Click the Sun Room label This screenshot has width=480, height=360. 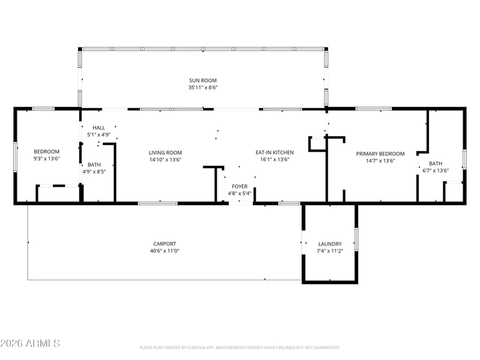coord(203,80)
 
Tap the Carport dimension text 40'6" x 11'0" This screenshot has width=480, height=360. coord(164,251)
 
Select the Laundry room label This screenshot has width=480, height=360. coord(329,244)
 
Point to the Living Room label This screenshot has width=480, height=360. coord(166,152)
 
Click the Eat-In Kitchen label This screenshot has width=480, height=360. coord(275,152)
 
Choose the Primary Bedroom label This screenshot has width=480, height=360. coord(380,154)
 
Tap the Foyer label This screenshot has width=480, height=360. coord(239,187)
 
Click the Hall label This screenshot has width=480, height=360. coord(98,128)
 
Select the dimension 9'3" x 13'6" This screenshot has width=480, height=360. coord(47,158)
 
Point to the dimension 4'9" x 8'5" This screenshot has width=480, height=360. coord(94,172)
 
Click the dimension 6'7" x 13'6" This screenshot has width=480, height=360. coord(436,170)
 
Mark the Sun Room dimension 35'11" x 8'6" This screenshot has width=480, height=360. coord(203,88)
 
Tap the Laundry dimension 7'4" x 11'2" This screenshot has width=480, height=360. coord(329,251)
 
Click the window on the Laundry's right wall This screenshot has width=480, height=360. coord(356,239)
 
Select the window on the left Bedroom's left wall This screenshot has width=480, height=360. coord(16,157)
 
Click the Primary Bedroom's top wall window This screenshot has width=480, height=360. coord(373,109)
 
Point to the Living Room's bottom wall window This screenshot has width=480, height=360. coord(158,203)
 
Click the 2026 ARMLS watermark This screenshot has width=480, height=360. coord(30,343)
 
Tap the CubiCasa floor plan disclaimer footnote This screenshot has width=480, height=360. coord(239,347)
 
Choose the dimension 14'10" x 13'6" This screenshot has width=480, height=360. coord(166,160)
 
